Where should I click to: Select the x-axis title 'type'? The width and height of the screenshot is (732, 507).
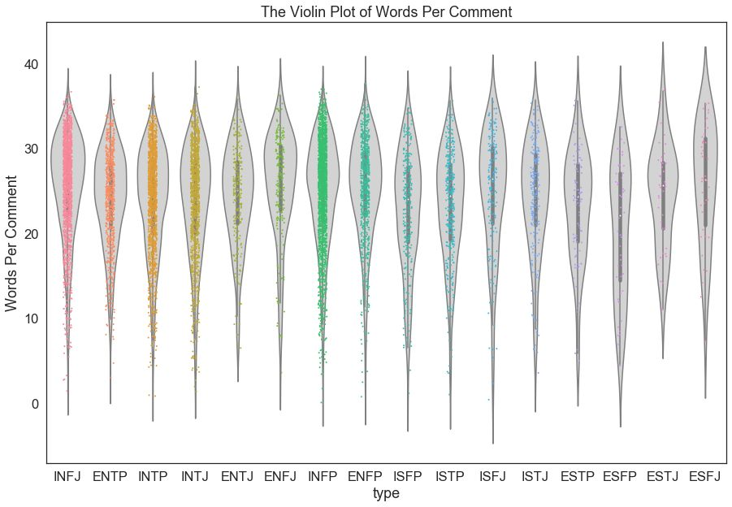tap(386, 493)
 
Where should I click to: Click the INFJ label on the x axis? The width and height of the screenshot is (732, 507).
tap(67, 476)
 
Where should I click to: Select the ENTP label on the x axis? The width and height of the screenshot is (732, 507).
tap(110, 476)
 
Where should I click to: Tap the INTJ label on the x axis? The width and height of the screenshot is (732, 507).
tap(195, 476)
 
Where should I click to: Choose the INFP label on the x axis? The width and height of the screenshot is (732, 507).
tap(323, 476)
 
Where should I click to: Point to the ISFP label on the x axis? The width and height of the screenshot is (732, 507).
tap(408, 476)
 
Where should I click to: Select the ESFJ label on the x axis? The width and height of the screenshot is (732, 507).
tap(705, 476)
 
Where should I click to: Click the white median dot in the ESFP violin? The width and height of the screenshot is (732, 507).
tap(621, 215)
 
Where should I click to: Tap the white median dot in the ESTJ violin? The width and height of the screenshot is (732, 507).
tap(663, 186)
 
